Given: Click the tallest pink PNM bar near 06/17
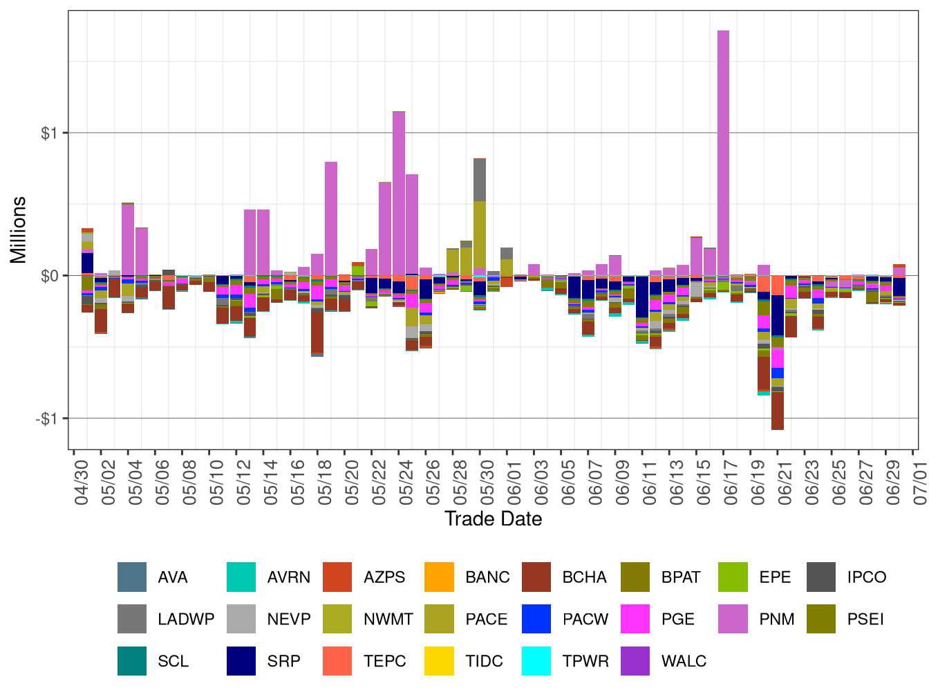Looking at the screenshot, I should pos(723,152).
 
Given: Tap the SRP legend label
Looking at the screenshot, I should pos(283,661).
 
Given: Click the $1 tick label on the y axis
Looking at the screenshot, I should pos(49,133).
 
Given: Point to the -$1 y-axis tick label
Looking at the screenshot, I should pos(46,419).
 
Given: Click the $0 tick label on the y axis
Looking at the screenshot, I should pos(49,277).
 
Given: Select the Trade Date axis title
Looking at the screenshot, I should pos(493,519).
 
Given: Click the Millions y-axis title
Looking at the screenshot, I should pos(19,230).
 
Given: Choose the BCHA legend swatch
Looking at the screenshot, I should pos(536,577).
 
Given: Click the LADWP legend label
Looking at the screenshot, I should pos(186,620).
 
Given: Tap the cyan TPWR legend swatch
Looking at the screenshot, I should pos(536,661).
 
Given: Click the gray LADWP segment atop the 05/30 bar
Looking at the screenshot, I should pos(480,180).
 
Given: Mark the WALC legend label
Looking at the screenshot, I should pos(684,661).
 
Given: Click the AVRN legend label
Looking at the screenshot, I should pos(288,577).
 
